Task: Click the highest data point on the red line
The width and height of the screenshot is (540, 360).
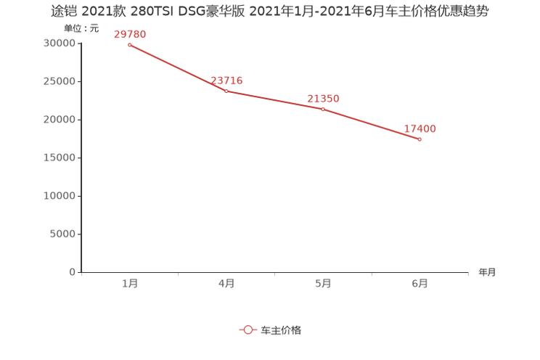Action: [129, 45]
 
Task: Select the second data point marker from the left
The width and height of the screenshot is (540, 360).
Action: [226, 91]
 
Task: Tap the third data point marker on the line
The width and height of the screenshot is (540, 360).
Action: [322, 109]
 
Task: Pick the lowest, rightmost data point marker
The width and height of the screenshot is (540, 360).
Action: [420, 139]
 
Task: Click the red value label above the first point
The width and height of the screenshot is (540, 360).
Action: [130, 33]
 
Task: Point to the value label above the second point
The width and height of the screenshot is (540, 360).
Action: [226, 80]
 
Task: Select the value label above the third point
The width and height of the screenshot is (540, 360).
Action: [323, 98]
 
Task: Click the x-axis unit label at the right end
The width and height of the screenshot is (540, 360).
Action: [487, 273]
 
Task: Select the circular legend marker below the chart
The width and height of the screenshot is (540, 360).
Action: [248, 330]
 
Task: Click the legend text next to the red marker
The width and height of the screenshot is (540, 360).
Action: [281, 330]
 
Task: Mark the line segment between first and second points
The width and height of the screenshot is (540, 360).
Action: [178, 68]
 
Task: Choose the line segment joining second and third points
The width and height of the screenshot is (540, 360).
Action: [274, 100]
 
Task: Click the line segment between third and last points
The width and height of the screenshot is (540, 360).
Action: [371, 124]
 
